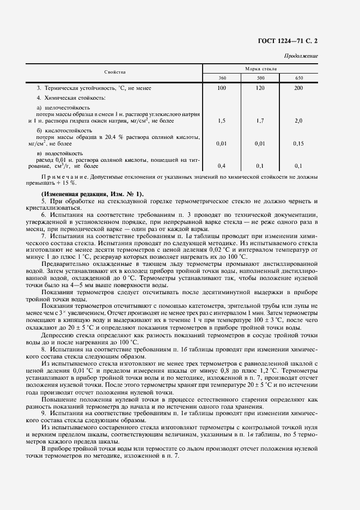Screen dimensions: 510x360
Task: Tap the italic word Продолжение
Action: tap(302, 56)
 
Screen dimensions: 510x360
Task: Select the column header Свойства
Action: tap(115, 72)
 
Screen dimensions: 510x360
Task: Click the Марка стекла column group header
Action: tap(260, 69)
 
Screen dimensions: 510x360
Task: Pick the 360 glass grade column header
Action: tap(222, 78)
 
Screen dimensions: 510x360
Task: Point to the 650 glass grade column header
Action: tap(298, 78)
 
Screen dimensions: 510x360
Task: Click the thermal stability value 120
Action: tap(260, 88)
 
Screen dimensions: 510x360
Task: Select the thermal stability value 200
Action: tap(298, 88)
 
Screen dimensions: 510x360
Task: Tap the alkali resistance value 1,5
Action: tap(222, 120)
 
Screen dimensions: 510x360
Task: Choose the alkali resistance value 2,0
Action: tap(298, 120)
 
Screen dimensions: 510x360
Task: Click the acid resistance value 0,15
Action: tap(298, 143)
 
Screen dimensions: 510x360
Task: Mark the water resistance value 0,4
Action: tap(222, 166)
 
